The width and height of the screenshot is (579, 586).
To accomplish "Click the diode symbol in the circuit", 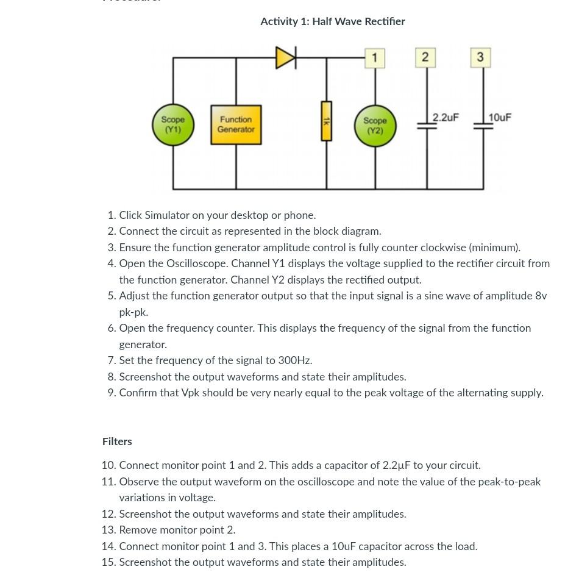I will coord(285,58).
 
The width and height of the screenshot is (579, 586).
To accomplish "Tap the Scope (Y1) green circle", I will coord(172,125).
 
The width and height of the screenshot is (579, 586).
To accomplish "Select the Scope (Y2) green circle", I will coord(375,126).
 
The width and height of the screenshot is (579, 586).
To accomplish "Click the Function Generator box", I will coord(236,125).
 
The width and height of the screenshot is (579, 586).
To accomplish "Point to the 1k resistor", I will coord(326,121).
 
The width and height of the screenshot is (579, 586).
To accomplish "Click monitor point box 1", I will coord(374,58).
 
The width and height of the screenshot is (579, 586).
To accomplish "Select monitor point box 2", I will coord(425,57).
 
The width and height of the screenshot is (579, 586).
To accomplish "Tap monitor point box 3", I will coord(480,57).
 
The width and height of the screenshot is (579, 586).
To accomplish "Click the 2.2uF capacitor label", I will coord(446,117).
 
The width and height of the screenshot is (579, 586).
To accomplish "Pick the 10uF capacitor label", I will coord(500,117).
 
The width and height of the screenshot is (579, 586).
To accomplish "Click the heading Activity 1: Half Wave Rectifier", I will coord(332,21).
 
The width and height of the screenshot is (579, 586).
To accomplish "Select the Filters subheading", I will coord(117,441).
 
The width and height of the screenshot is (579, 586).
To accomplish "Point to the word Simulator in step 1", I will coord(167,215).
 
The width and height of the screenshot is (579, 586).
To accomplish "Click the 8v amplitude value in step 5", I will coord(541,296).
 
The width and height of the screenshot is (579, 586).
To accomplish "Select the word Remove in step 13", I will coord(140,530).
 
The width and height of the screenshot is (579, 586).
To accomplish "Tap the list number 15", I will coord(108,562).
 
